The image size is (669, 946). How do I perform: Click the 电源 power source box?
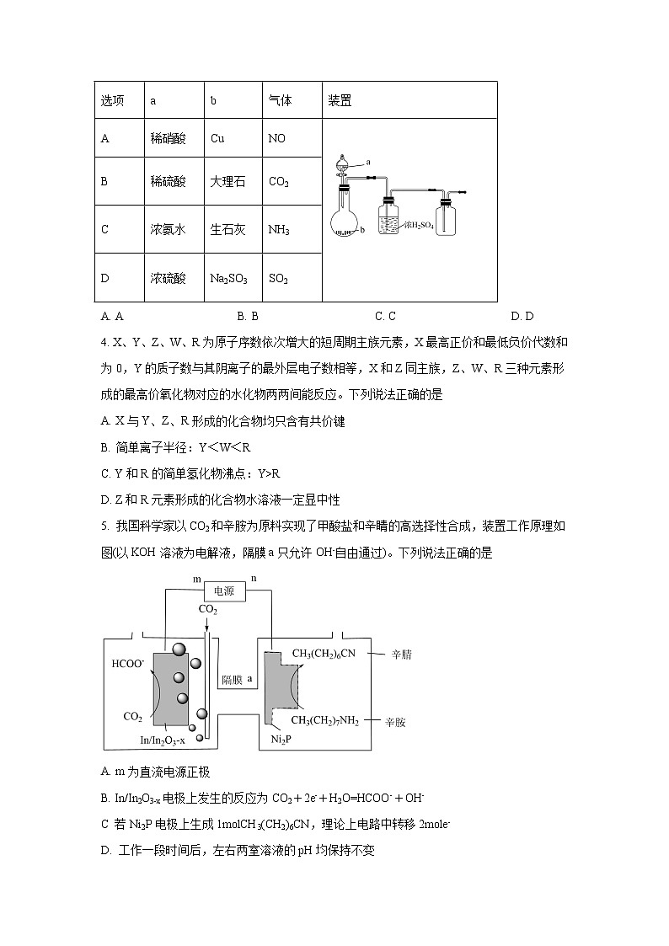(224, 592)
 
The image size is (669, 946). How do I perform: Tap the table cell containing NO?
(276, 138)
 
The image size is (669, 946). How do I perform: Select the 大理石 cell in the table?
(227, 181)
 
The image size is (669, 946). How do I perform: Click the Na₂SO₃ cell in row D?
(228, 278)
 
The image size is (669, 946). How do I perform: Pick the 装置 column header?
(340, 101)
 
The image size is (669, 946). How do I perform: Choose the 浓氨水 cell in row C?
(168, 229)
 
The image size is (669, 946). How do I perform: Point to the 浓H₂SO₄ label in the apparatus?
(418, 225)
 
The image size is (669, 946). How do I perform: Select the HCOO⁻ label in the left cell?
(128, 664)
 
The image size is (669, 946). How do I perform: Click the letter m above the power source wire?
(197, 580)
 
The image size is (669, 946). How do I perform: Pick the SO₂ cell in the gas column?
(278, 278)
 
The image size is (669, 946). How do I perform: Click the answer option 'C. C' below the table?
(385, 317)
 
